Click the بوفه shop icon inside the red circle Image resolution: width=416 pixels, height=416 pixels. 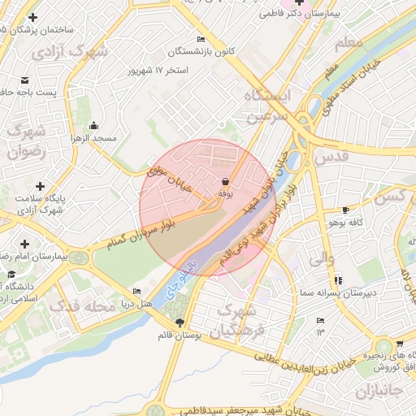225,182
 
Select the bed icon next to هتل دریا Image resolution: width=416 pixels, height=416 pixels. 136,291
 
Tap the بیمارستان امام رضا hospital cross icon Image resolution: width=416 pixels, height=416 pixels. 24,244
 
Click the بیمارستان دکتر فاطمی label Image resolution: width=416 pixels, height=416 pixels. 297,14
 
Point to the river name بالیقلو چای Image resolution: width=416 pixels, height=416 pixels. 180,279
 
